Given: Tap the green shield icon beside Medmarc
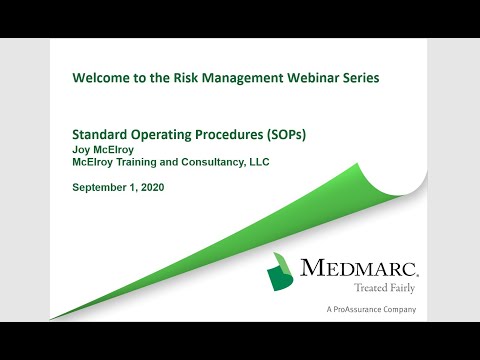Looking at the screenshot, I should click(283, 273).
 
